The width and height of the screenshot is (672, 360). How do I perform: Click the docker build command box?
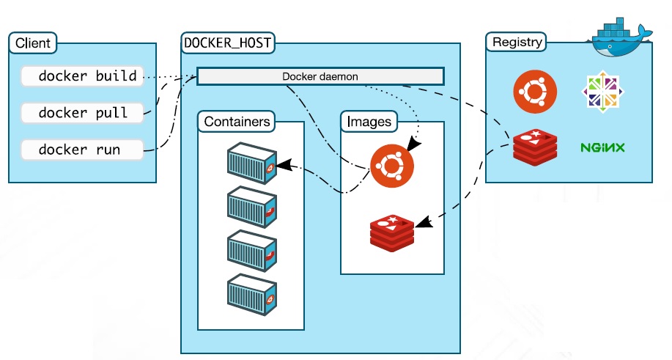pos(82,76)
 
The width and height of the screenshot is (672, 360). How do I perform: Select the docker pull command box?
pos(82,113)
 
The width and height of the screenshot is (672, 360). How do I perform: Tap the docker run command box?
pos(82,150)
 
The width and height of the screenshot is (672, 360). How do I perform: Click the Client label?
pos(32,43)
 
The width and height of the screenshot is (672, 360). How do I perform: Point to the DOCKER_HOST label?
pos(228,43)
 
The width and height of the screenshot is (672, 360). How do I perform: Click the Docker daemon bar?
pos(320,76)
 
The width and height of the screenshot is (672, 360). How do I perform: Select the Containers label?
pos(237,121)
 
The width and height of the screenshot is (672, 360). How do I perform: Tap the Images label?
pos(369,121)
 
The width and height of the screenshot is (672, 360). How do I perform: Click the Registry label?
pos(516,42)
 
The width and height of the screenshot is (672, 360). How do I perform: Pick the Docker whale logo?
pos(620,37)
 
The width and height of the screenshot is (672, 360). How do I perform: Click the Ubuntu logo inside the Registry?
pos(535,92)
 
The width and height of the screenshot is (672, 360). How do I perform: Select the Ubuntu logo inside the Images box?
pos(392,166)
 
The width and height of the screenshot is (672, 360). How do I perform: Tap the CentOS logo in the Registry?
pos(602,92)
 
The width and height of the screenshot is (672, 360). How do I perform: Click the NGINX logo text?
pos(602,148)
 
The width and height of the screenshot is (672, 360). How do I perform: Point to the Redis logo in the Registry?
pos(535,147)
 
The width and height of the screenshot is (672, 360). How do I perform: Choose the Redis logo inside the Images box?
pos(392,233)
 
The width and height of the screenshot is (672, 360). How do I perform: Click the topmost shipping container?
pos(252,163)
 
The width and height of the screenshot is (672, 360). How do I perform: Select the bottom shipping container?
pos(252,295)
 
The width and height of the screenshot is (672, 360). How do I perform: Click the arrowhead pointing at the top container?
pos(284,165)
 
